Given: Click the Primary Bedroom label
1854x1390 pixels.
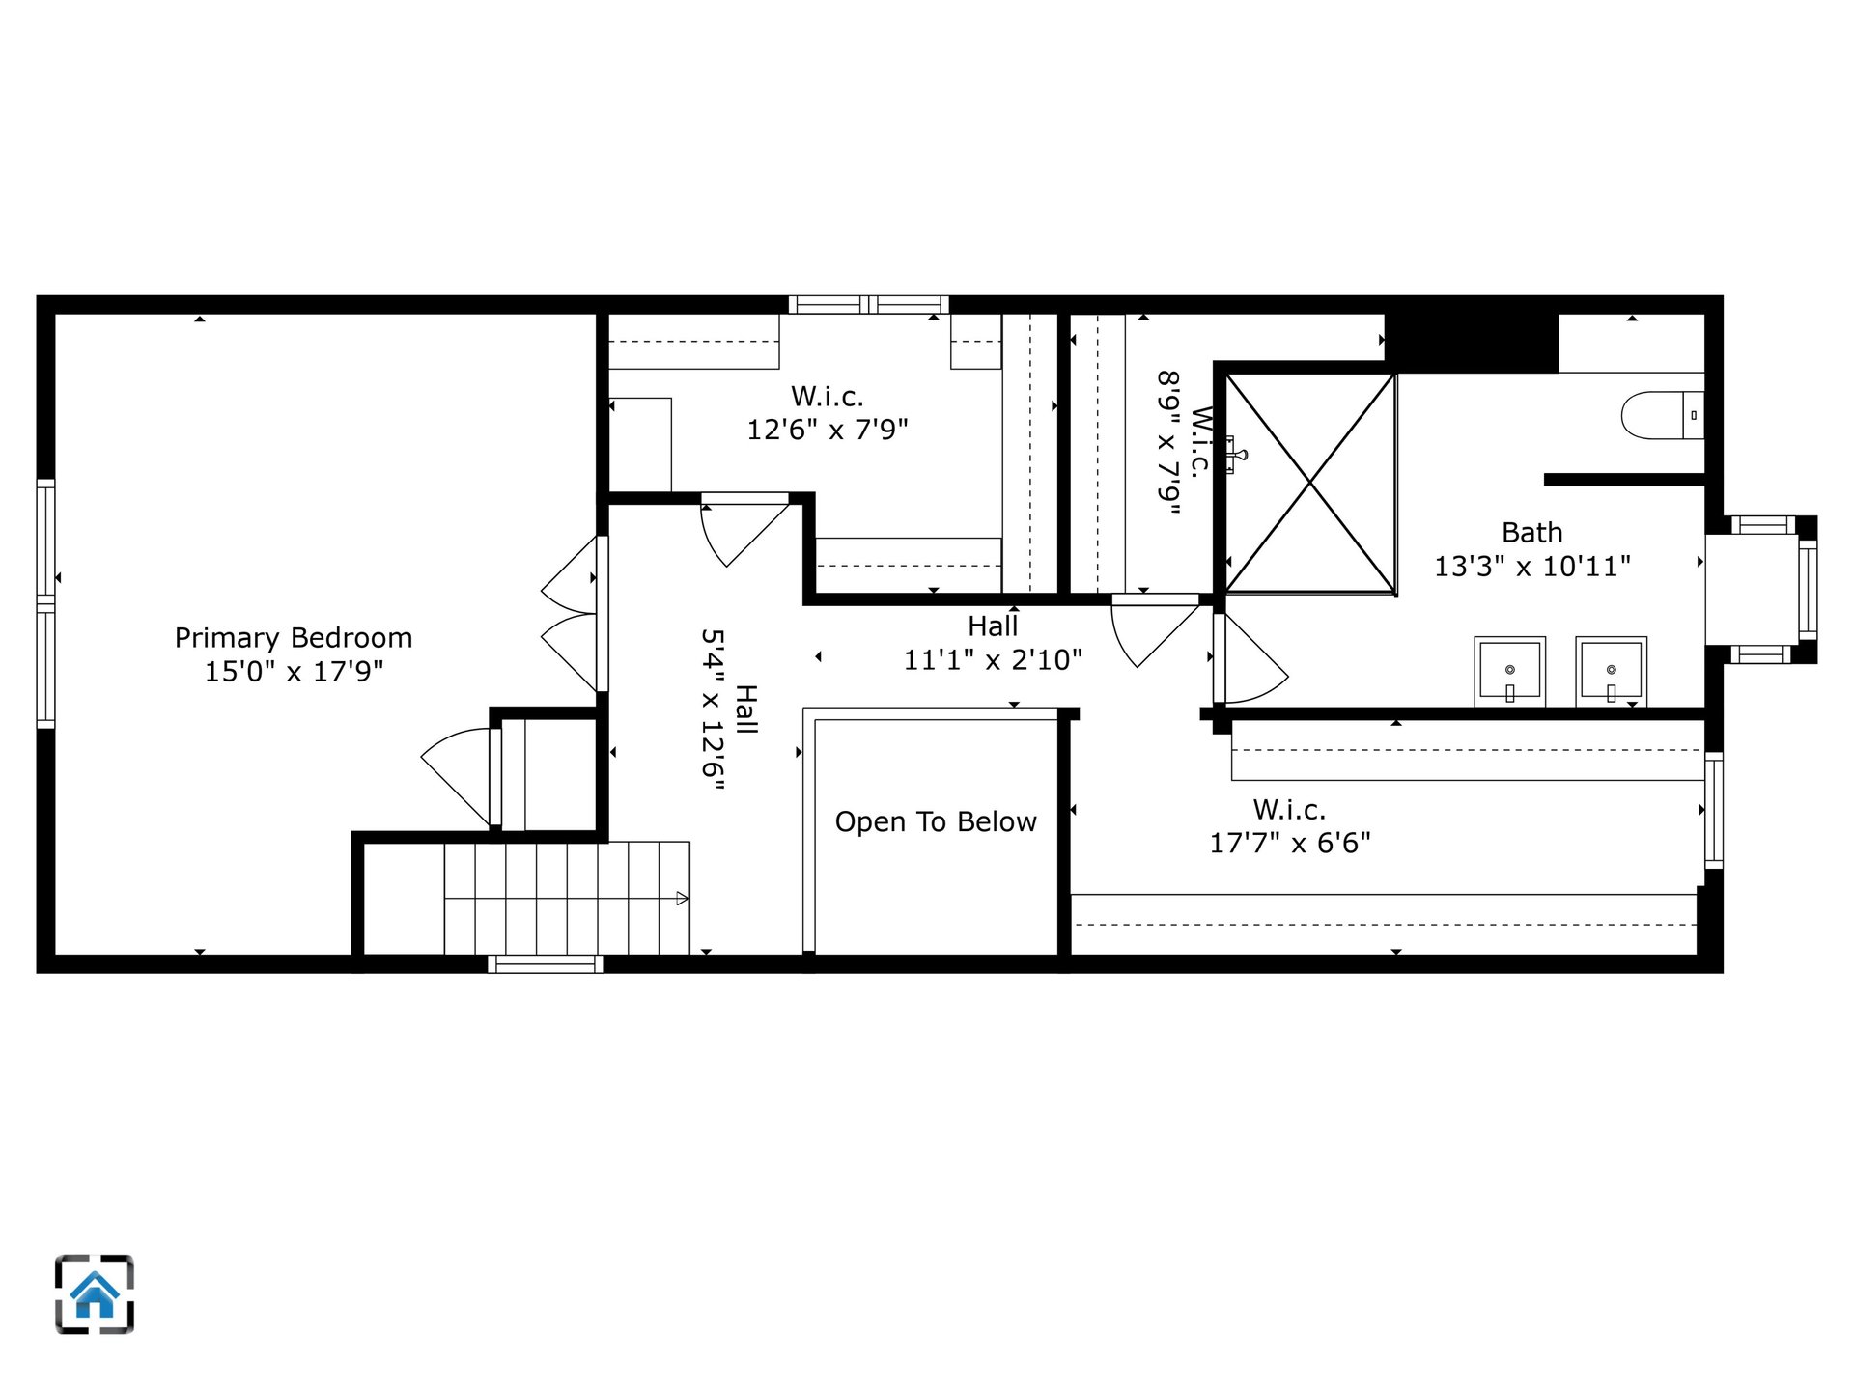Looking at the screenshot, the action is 294,638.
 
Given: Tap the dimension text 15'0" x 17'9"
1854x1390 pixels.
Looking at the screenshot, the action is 294,671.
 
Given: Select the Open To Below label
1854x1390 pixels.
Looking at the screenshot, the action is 936,821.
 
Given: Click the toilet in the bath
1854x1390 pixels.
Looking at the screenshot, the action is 1662,415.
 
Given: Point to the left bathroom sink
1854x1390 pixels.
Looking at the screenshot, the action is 1509,670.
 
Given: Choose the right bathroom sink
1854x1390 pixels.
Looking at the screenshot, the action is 1611,670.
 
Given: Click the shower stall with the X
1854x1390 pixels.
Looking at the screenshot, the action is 1310,483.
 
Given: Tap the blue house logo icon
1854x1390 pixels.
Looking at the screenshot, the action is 95,1294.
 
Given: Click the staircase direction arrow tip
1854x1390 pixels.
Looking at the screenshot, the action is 688,898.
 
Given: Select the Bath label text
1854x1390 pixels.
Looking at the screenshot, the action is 1531,532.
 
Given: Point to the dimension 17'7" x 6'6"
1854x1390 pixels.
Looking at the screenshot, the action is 1290,843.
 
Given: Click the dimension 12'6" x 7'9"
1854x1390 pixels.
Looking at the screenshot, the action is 828,429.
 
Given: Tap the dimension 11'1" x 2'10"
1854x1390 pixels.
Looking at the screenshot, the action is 993,659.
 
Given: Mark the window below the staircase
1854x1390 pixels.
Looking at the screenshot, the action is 545,963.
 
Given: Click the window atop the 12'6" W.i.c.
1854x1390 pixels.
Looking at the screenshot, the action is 868,305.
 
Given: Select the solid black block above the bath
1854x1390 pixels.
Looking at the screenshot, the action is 1473,343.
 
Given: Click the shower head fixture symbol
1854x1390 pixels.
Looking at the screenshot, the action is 1235,454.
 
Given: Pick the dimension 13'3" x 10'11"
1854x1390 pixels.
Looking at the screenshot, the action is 1531,566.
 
